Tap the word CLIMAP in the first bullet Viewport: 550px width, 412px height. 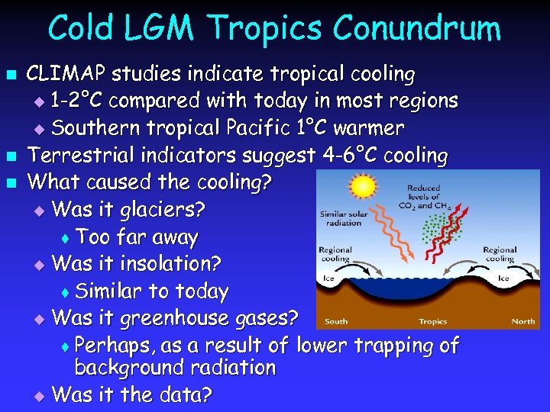pyautogui.click(x=67, y=74)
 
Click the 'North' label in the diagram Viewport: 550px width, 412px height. pyautogui.click(x=523, y=321)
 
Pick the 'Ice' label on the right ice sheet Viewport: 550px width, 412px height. pyautogui.click(x=503, y=278)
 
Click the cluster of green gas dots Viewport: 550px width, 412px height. pyautogui.click(x=437, y=230)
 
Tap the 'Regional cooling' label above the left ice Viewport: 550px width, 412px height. pyautogui.click(x=335, y=254)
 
